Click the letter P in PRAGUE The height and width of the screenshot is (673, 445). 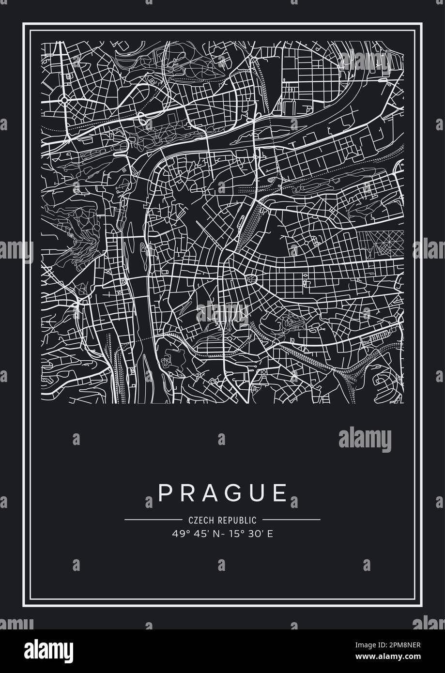[164, 493]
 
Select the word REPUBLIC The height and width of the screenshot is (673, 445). [237, 520]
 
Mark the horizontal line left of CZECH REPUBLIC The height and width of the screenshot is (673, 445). [153, 520]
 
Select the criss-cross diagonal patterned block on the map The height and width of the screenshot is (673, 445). [381, 245]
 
